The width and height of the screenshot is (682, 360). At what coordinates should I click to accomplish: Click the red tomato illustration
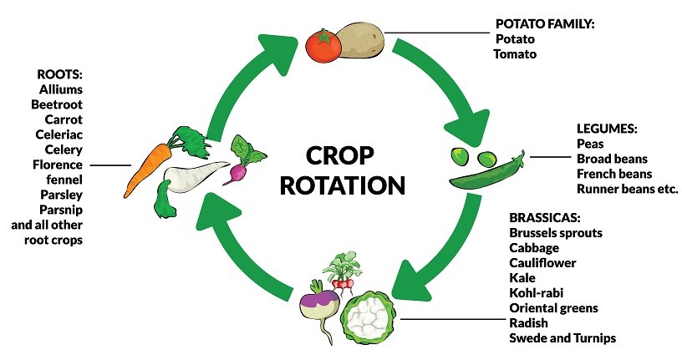(323, 45)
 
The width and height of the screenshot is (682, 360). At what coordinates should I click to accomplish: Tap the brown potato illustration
(360, 40)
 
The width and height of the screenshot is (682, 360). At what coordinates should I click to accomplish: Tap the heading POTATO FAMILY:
(545, 24)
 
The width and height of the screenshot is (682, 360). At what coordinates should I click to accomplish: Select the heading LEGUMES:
(607, 129)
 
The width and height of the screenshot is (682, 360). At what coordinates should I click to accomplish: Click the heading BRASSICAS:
(545, 217)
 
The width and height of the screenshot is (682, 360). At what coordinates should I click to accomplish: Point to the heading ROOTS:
(59, 74)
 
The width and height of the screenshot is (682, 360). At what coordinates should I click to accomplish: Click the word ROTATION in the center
(343, 185)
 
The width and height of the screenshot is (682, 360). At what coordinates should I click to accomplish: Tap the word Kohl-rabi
(537, 293)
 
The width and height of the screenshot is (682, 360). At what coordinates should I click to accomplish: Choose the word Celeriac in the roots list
(59, 134)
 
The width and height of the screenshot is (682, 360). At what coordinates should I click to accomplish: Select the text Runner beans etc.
(627, 189)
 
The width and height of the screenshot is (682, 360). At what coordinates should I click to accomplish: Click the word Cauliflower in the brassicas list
(542, 263)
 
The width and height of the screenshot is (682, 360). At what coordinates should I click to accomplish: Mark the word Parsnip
(61, 210)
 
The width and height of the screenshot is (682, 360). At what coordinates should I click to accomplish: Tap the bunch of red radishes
(344, 271)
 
